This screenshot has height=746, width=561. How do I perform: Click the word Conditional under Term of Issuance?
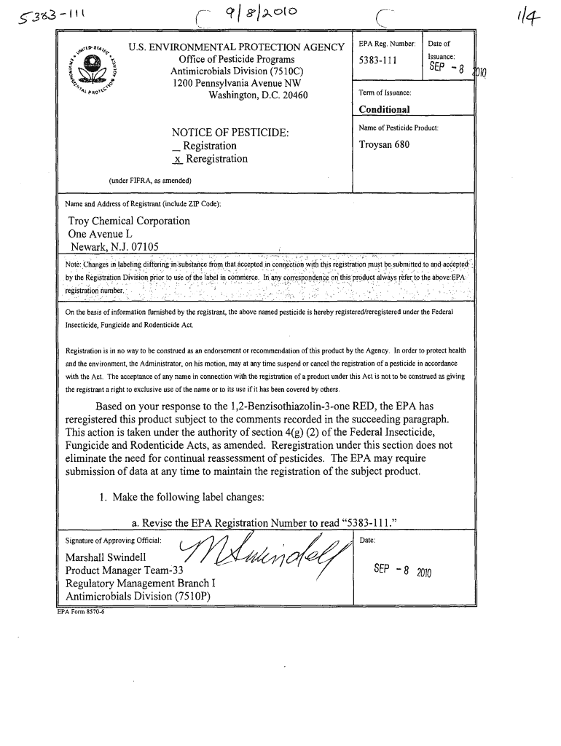click(x=384, y=109)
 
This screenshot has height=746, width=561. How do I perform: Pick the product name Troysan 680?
click(x=385, y=144)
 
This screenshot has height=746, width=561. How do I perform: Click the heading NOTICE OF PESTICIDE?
click(x=230, y=133)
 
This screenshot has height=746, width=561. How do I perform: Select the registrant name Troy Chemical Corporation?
click(x=129, y=221)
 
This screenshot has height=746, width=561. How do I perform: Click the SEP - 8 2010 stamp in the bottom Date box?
click(x=400, y=572)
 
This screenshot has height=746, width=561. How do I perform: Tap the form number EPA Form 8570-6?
click(x=81, y=611)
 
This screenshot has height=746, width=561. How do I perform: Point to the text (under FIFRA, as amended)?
click(x=149, y=181)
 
